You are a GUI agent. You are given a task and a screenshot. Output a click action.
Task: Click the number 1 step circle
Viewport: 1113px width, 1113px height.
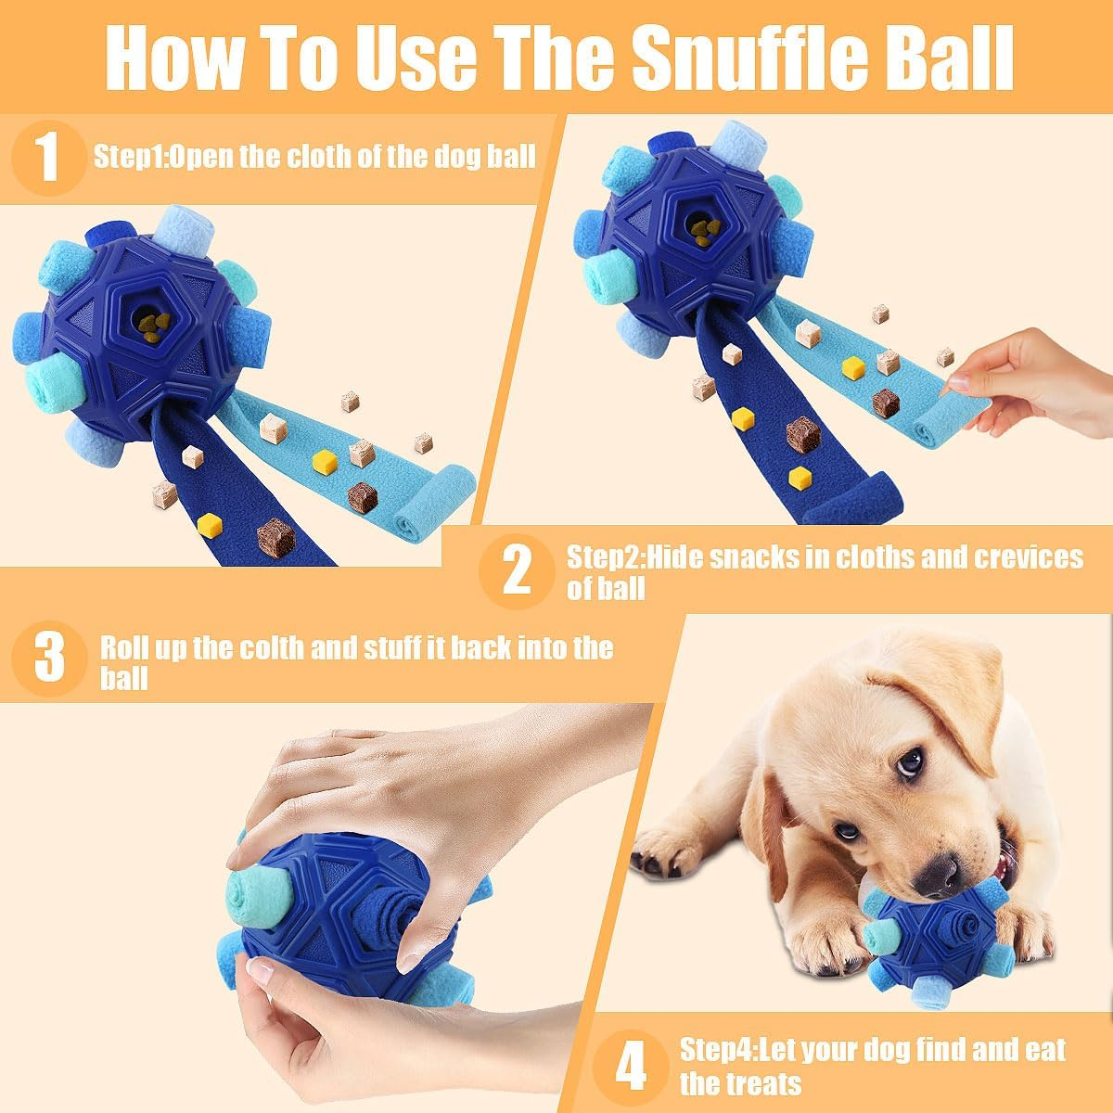pos(49,157)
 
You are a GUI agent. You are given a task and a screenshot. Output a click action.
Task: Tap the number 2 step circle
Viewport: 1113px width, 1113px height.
pos(518,571)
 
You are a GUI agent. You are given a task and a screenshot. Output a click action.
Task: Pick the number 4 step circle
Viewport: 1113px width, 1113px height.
pos(632,1067)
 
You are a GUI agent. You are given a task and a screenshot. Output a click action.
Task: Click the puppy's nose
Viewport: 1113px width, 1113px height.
pos(941,873)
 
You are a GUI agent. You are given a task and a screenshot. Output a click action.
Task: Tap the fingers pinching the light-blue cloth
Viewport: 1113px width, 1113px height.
pos(965,380)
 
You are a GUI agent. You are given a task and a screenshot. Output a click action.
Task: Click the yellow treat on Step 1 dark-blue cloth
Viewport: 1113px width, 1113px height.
pos(210,525)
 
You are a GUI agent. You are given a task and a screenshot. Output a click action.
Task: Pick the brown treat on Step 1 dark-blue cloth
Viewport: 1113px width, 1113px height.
pos(275,538)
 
